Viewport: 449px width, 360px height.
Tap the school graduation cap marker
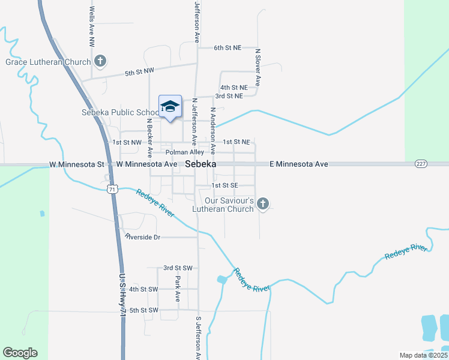pos(170,107)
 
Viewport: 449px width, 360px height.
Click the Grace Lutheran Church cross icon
pos(100,61)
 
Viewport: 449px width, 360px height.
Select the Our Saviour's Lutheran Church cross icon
pos(262,204)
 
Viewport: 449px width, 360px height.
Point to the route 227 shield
pos(420,164)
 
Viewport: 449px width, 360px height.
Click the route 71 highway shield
pos(112,189)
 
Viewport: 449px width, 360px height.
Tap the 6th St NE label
pos(228,47)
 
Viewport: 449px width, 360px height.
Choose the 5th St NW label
pos(139,71)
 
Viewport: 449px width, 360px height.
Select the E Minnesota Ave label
pos(298,164)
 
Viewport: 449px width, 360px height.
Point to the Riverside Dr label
pos(142,237)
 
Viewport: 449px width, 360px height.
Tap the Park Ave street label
pos(178,289)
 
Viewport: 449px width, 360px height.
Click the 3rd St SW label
pos(178,268)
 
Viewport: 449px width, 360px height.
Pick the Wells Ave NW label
pos(92,27)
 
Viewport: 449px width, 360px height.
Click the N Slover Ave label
pos(258,68)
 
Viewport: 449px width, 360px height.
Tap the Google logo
pos(20,353)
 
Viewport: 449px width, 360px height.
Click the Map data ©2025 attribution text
pos(423,355)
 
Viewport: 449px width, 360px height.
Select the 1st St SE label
pos(226,186)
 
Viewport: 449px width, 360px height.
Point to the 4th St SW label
pos(143,289)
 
